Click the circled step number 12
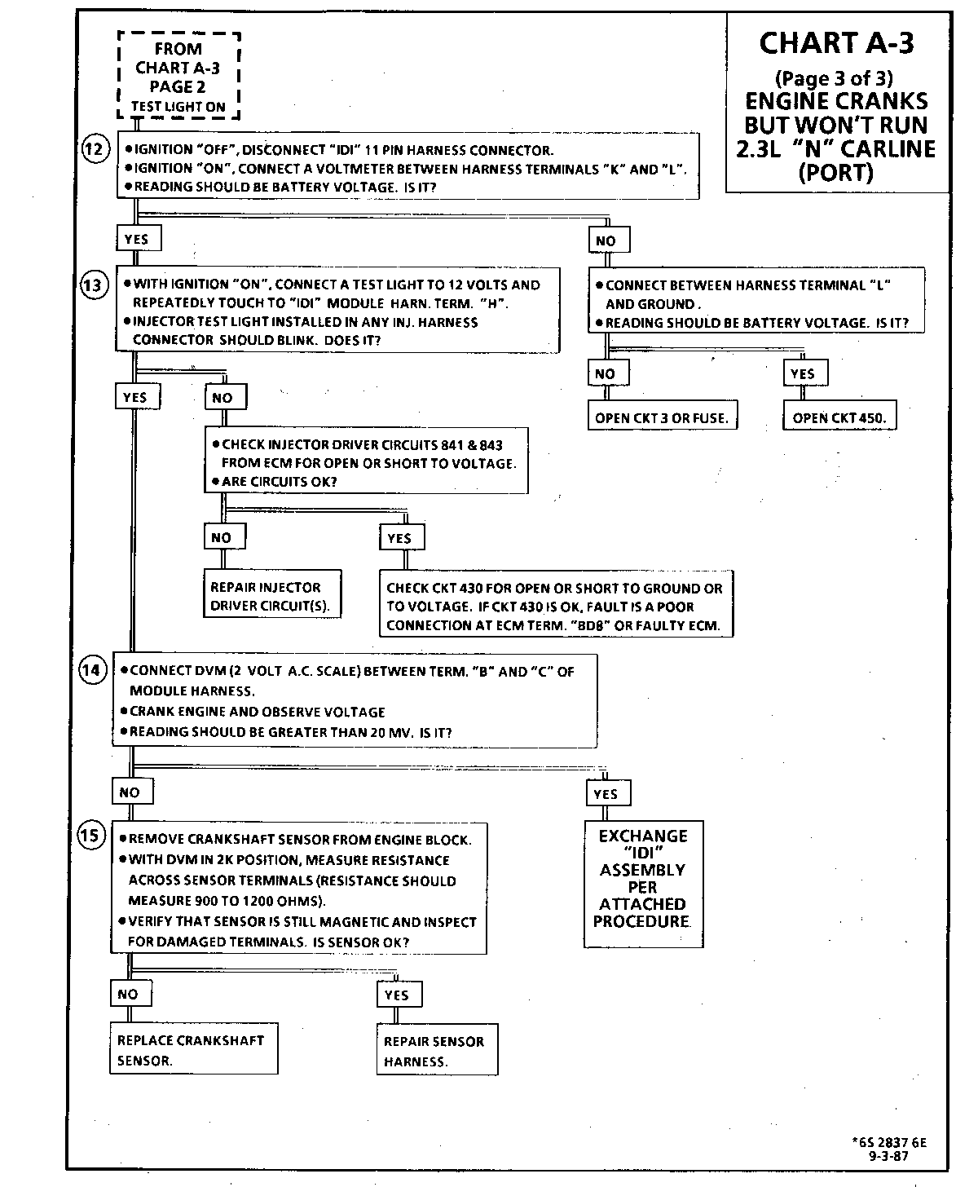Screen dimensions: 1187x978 95,150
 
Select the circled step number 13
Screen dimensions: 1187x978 95,285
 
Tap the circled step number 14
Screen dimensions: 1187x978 92,670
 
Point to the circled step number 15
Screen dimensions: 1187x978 92,836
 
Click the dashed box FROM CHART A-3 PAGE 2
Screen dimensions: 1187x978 178,77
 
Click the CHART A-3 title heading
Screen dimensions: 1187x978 837,43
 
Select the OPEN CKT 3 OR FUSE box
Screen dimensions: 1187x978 661,417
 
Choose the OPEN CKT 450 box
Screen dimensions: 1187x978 839,417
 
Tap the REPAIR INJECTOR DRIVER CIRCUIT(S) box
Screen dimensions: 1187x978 272,596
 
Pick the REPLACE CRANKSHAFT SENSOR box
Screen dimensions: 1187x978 193,1049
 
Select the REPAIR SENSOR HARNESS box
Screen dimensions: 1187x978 437,1051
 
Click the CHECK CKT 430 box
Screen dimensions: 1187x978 555,607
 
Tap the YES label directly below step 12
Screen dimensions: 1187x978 138,239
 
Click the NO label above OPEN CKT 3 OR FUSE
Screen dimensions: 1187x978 606,374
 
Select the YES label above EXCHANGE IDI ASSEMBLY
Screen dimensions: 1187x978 606,794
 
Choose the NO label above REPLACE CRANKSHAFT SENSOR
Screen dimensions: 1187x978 129,994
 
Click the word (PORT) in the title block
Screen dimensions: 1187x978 836,174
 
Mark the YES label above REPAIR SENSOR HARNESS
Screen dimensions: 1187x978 397,995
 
